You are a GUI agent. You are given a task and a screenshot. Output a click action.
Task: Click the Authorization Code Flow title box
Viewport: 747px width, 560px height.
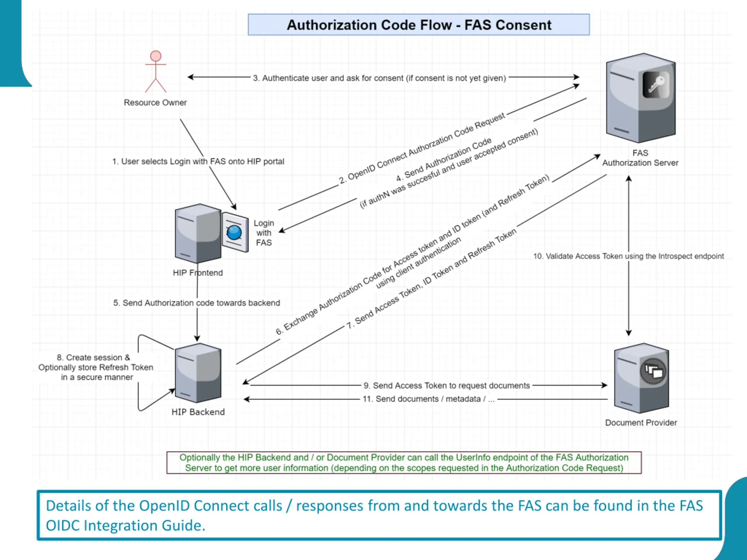tap(419, 24)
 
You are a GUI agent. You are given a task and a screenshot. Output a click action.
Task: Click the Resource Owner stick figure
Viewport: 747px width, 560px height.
tap(156, 71)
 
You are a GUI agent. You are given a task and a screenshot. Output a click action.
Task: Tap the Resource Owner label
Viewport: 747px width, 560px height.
tap(155, 103)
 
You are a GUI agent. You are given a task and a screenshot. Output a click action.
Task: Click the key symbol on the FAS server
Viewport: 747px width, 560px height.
tap(656, 85)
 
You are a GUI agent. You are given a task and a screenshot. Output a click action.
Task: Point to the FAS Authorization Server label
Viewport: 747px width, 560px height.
tap(640, 158)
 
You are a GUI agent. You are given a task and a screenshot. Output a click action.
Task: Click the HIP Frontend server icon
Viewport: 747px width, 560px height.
tap(198, 233)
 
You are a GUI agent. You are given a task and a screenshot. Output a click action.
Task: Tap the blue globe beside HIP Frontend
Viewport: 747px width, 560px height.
tap(234, 232)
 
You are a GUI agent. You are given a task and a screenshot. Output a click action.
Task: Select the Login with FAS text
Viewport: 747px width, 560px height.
tap(264, 233)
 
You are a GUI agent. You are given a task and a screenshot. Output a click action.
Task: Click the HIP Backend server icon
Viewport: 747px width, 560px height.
tap(198, 373)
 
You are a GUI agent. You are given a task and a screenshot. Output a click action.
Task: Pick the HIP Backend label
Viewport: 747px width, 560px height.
tap(198, 412)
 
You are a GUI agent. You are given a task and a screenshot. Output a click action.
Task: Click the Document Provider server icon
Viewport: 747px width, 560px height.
tap(641, 378)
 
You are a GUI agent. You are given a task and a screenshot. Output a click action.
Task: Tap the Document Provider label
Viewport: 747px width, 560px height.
tap(641, 423)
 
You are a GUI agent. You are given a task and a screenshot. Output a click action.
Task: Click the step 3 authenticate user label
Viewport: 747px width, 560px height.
tap(380, 78)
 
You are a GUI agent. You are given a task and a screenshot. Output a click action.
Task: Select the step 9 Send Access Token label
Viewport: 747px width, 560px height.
tap(447, 386)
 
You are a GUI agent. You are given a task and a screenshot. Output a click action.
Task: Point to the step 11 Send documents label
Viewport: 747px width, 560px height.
tap(429, 399)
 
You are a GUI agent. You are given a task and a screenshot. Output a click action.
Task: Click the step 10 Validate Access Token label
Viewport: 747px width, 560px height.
tap(629, 256)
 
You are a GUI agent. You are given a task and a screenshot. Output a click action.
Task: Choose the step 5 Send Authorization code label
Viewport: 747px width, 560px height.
tap(197, 303)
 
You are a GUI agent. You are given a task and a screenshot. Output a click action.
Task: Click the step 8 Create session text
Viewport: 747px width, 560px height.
tap(96, 367)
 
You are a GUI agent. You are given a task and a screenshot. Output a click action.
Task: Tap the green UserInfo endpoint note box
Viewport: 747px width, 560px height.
tap(404, 463)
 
